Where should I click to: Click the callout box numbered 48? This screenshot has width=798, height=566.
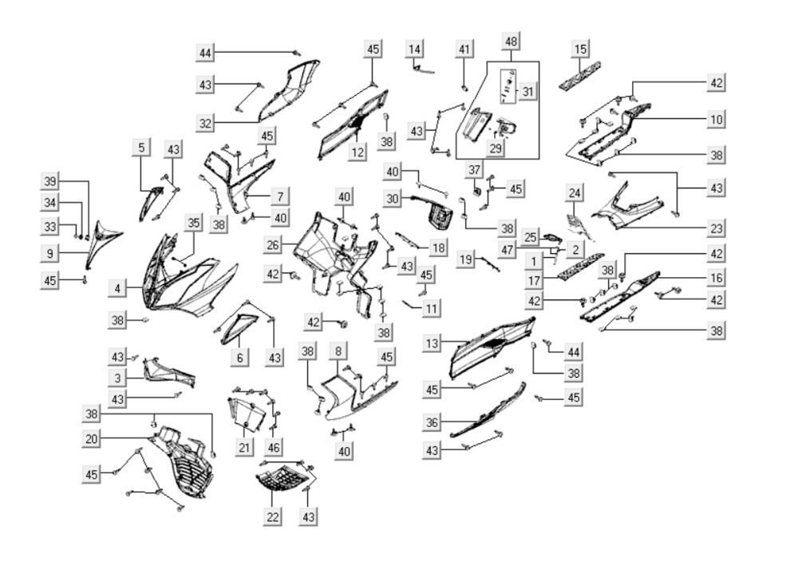click(x=512, y=41)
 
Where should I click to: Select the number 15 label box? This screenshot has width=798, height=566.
click(x=581, y=49)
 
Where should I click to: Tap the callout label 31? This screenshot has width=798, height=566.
click(x=527, y=91)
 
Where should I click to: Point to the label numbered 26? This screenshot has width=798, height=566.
click(x=274, y=244)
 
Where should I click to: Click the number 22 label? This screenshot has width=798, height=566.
click(x=273, y=517)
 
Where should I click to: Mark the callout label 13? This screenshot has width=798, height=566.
click(x=432, y=344)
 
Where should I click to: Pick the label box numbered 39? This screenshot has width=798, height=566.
click(x=50, y=180)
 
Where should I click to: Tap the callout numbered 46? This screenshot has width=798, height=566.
click(x=274, y=446)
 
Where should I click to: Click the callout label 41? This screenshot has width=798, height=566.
click(x=464, y=49)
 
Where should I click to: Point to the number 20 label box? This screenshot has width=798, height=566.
click(x=92, y=438)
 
